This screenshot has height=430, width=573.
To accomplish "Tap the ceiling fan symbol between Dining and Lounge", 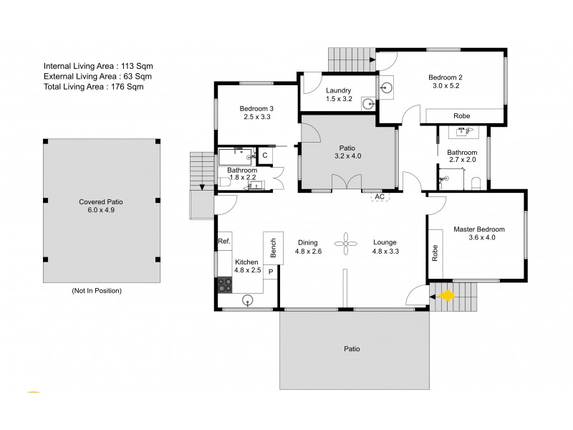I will click(347, 242).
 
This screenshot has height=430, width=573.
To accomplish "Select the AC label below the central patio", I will click(380, 196).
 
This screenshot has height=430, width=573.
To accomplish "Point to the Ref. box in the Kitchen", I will click(224, 242).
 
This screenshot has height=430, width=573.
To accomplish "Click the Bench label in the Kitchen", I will click(273, 247).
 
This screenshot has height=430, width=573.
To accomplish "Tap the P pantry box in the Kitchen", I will click(271, 272).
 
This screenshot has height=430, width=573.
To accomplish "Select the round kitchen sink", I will click(249, 300).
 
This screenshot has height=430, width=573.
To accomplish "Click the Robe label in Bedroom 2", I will click(462, 116).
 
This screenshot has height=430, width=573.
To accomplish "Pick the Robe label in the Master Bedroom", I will click(435, 253).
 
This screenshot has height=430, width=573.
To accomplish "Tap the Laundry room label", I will click(338, 90).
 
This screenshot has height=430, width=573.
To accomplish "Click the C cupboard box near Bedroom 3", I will click(264, 155).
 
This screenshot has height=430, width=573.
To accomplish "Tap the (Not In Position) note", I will click(97, 291).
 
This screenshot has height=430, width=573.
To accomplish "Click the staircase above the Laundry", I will click(351, 56).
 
